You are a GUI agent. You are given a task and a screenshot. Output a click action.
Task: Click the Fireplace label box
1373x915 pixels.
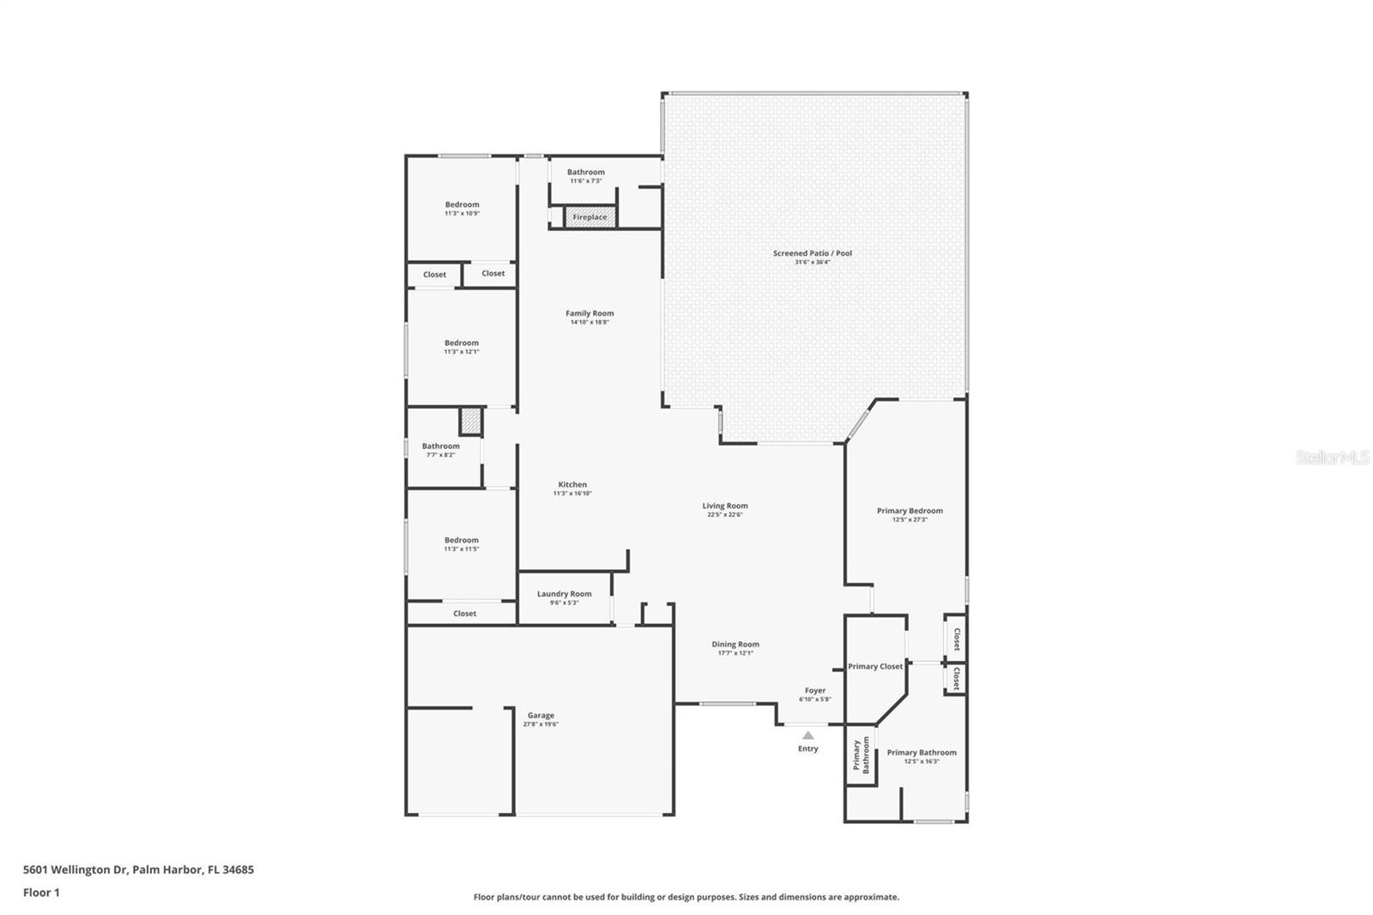(x=590, y=217)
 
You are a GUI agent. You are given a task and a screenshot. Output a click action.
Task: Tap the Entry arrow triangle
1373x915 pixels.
(x=807, y=735)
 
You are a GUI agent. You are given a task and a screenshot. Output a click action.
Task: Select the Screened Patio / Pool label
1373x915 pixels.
(x=812, y=253)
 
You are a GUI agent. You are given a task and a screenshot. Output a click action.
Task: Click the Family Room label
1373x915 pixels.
(x=590, y=313)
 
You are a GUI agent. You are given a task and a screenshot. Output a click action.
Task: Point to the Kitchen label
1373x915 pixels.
(x=572, y=484)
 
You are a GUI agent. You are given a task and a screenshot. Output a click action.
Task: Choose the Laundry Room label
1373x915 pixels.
(x=564, y=594)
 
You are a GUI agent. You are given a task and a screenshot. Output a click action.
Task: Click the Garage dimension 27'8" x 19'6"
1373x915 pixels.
(x=541, y=724)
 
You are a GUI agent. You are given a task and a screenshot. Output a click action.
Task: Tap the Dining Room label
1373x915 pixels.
(x=735, y=645)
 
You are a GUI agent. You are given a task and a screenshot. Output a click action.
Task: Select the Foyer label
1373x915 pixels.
(x=814, y=690)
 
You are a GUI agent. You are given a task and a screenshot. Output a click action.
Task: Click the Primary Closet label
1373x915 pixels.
(x=875, y=666)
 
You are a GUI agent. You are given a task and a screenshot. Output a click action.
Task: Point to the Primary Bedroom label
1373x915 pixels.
(x=910, y=511)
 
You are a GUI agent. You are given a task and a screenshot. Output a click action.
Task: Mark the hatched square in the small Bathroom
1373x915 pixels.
(x=471, y=421)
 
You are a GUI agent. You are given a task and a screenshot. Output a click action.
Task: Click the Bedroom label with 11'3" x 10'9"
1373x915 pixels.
(x=462, y=204)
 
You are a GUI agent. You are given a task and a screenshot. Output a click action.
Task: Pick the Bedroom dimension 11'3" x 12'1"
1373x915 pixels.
(x=462, y=352)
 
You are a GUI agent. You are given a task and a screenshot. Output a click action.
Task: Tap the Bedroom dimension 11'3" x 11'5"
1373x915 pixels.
(x=462, y=549)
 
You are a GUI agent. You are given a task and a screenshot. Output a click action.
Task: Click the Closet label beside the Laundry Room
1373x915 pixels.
(x=464, y=614)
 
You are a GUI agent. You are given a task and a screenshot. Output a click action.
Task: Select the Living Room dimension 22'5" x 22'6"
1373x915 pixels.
(x=725, y=515)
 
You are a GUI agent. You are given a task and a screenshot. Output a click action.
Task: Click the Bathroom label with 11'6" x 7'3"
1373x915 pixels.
(x=585, y=172)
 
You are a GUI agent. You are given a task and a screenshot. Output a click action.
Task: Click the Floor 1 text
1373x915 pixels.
(x=41, y=893)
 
